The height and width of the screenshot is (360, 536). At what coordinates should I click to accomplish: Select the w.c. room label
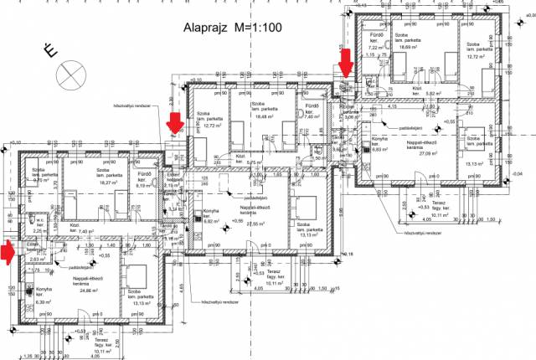38,222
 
